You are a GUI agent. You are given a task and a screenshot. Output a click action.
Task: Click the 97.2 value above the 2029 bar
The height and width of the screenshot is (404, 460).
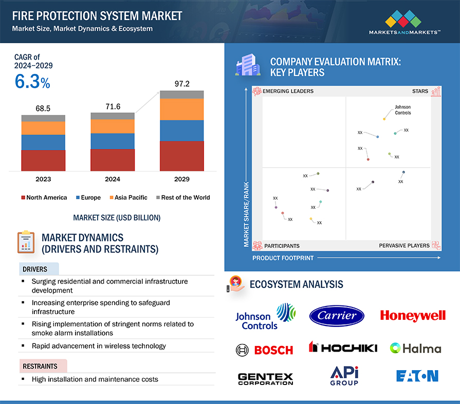182,83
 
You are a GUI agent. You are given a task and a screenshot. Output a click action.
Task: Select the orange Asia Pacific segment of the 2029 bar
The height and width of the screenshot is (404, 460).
182,109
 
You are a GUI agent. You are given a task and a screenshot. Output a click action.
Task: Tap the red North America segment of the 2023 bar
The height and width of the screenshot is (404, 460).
43,160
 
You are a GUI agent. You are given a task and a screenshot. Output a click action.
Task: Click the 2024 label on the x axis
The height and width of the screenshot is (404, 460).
113,179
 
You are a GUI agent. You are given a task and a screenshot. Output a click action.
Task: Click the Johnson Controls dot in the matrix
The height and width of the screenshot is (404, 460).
384,119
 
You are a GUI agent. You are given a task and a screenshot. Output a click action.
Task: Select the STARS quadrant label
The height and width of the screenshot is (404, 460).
420,91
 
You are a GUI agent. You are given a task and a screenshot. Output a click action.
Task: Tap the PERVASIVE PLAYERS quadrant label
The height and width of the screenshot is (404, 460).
404,246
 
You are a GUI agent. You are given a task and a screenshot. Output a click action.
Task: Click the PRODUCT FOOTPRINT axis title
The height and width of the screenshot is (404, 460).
283,258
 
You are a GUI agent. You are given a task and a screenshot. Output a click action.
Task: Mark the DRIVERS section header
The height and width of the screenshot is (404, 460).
35,269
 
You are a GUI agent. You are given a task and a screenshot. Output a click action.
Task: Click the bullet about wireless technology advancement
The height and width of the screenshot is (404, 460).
99,346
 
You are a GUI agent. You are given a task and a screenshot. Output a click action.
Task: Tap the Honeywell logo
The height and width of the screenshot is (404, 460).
413,316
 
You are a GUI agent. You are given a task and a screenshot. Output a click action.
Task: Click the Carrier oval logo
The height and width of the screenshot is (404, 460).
337,316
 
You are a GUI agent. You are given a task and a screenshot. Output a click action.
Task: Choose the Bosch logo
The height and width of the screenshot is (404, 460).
264,350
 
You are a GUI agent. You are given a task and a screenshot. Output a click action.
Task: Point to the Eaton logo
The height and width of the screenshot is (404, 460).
417,376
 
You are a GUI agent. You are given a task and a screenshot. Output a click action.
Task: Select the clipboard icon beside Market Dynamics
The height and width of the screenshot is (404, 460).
25,242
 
